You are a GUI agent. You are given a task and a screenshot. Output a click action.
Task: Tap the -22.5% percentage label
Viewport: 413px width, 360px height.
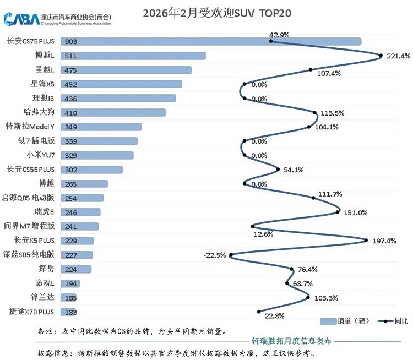pyautogui.click(x=215, y=255)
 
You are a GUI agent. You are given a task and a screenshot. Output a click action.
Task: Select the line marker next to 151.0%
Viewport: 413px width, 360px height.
pyautogui.click(x=338, y=212)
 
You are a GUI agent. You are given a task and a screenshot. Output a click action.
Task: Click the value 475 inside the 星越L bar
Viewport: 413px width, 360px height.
pyautogui.click(x=70, y=70)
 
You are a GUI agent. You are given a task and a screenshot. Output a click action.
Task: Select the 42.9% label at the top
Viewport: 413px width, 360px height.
pyautogui.click(x=279, y=35)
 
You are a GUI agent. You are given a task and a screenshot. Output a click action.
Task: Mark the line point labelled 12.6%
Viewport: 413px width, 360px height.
pyautogui.click(x=253, y=226)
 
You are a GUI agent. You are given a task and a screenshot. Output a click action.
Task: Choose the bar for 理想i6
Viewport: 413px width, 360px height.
pyautogui.click(x=118, y=98)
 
